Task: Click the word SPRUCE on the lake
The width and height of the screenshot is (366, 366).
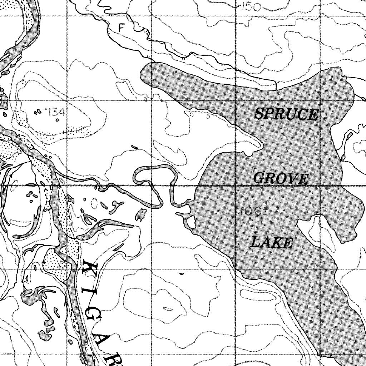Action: (286, 114)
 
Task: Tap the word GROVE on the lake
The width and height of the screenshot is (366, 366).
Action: (281, 178)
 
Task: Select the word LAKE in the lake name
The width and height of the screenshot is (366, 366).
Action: (271, 243)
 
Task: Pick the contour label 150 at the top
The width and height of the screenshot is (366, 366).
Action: (251, 6)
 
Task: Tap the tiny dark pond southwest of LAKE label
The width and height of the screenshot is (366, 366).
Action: (181, 274)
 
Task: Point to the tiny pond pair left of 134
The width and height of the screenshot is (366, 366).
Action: (37, 113)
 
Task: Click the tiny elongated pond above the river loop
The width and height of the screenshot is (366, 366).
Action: (134, 147)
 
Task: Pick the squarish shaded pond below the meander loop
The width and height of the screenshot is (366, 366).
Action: (141, 214)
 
